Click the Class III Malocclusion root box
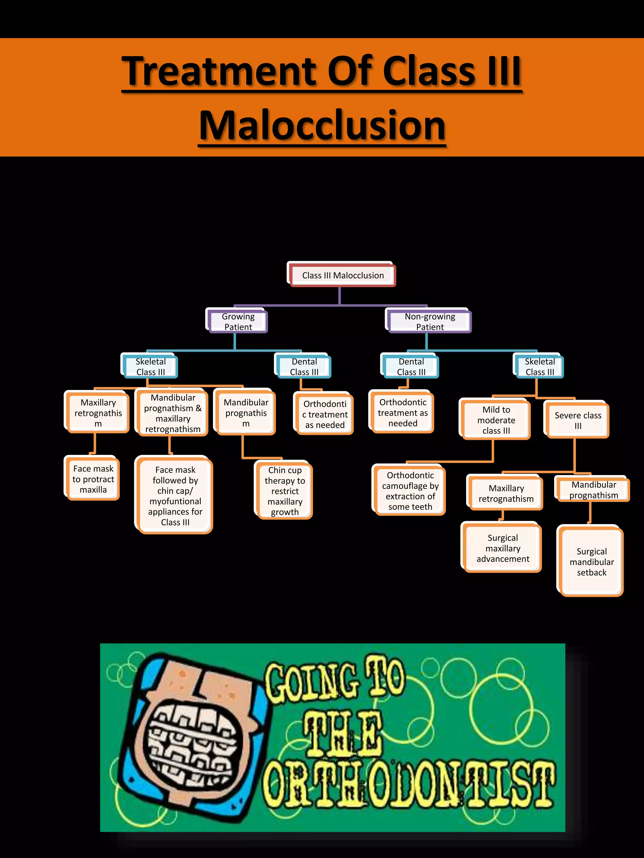pos(342,275)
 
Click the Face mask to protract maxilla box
pos(93,479)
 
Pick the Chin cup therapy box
pos(284,490)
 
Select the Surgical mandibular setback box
pos(591,561)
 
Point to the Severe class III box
pos(577,420)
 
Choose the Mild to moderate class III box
pos(496,420)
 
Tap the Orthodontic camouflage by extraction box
pos(410,490)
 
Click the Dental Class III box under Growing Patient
pos(304,366)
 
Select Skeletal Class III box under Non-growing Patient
pos(539,366)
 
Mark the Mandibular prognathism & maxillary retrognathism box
pos(172,413)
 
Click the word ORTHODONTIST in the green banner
pos(408,791)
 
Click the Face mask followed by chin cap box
pos(175,495)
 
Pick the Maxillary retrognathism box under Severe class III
pos(505,493)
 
